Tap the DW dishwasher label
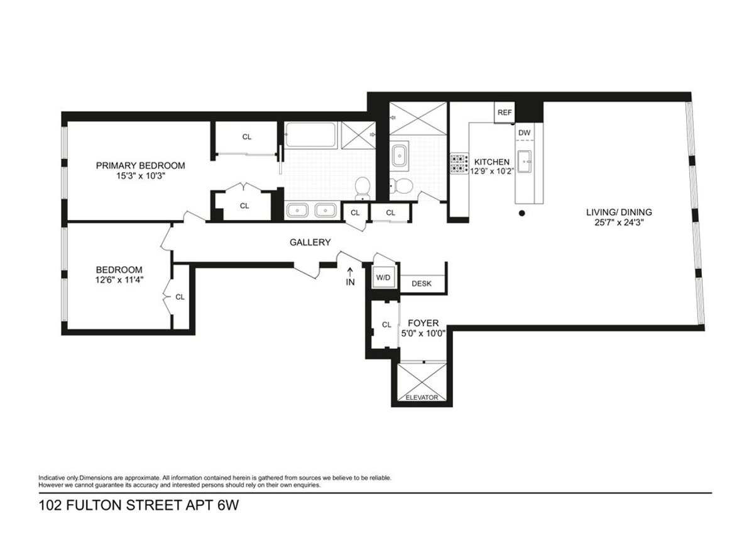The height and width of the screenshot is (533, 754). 524,133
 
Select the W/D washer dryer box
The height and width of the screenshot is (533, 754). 383,277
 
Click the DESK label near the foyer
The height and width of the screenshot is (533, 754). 422,283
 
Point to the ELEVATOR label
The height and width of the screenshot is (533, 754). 422,398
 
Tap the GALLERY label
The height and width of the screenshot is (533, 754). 310,243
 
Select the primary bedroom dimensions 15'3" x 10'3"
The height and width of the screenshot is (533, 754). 140,177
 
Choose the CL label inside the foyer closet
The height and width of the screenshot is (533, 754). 386,325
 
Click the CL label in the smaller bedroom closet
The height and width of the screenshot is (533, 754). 180,297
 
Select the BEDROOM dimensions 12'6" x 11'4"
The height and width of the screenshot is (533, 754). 119,280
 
